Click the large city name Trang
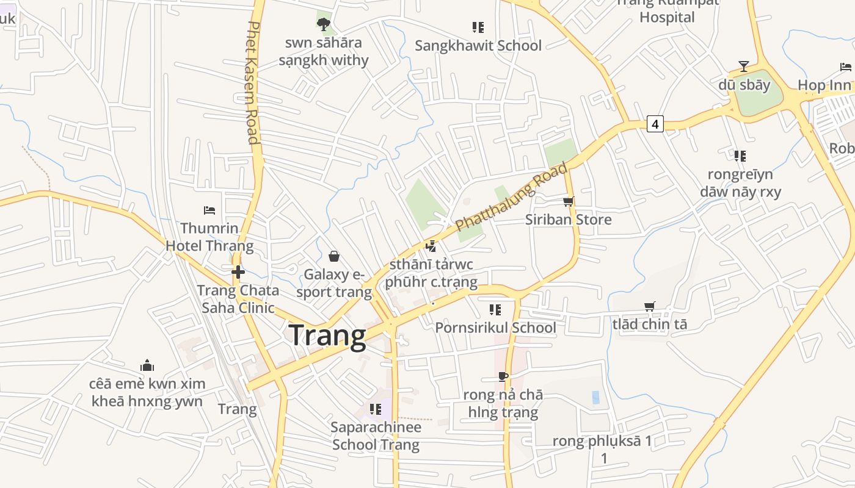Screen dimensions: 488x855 327,335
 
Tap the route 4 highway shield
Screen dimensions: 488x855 655,124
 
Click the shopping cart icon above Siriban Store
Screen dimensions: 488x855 568,201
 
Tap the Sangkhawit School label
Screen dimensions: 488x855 478,46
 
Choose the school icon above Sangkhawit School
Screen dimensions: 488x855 478,27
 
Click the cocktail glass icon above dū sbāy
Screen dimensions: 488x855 744,66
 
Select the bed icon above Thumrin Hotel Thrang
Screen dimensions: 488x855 209,210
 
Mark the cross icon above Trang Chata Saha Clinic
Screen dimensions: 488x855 238,272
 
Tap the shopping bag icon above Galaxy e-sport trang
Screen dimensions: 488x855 334,256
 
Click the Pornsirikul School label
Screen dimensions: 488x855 495,328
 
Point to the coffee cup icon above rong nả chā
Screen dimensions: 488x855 503,376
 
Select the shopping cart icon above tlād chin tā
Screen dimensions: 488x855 649,306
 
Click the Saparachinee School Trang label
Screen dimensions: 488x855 376,436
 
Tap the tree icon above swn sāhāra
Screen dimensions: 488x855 324,24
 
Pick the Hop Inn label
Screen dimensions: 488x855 824,85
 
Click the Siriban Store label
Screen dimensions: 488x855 568,220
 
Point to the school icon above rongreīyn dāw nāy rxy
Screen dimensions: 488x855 740,156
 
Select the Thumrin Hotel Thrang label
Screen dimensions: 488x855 209,237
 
